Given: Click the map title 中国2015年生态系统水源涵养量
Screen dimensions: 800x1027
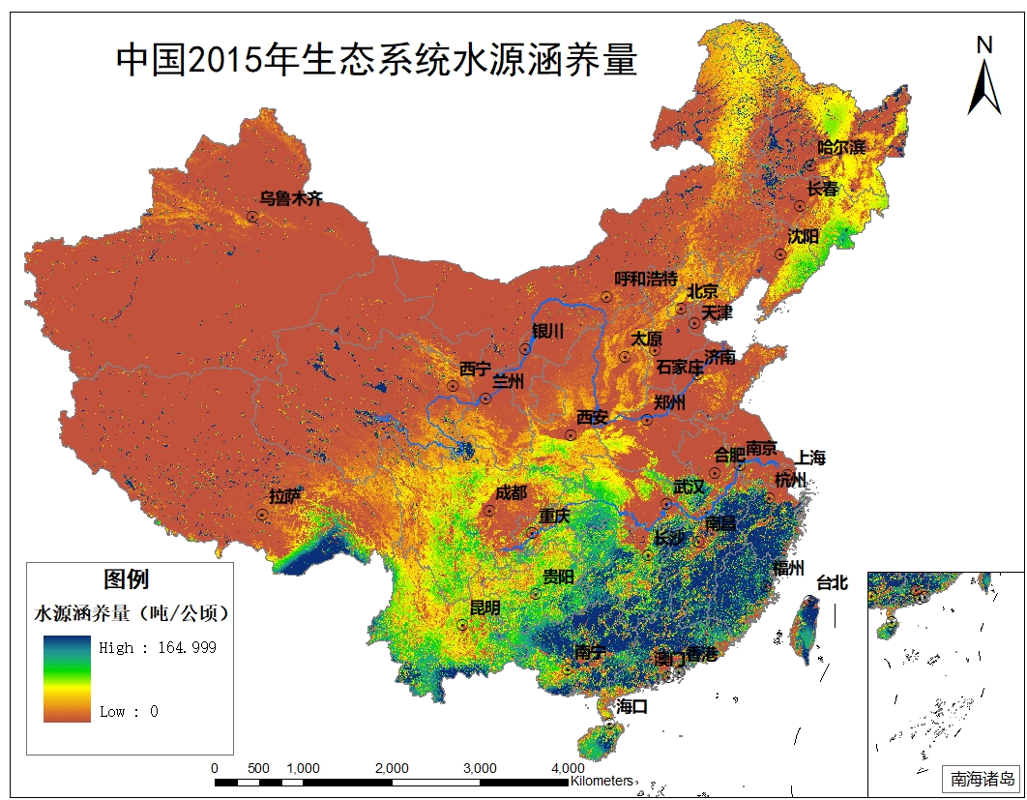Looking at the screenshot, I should tap(376, 60).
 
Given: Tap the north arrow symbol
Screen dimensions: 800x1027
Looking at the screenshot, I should tap(984, 77).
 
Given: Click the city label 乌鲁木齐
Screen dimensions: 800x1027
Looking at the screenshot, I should tap(290, 199).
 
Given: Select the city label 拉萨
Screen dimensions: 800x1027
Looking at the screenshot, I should tap(285, 497).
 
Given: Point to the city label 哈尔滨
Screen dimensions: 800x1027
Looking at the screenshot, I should tap(841, 148).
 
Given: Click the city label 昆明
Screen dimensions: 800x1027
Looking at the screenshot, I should tap(484, 608).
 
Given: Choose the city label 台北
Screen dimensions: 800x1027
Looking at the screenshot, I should tap(832, 582).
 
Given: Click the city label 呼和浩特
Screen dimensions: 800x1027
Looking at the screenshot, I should tap(646, 279).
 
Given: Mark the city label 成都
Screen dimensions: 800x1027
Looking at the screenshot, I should tap(512, 493).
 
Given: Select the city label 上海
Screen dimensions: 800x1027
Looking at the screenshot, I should tap(811, 459).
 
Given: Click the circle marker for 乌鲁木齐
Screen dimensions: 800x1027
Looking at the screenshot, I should tap(251, 218).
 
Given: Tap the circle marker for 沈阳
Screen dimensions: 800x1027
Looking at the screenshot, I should tap(779, 254).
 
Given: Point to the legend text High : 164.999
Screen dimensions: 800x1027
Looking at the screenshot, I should tap(158, 647).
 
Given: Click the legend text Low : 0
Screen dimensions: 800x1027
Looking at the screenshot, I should tap(129, 712).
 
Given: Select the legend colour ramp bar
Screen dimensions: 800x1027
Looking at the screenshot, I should tap(67, 679).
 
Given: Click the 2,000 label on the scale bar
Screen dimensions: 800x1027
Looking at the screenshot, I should tap(391, 768).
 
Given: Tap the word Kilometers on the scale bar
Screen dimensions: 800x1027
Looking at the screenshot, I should tap(602, 781).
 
